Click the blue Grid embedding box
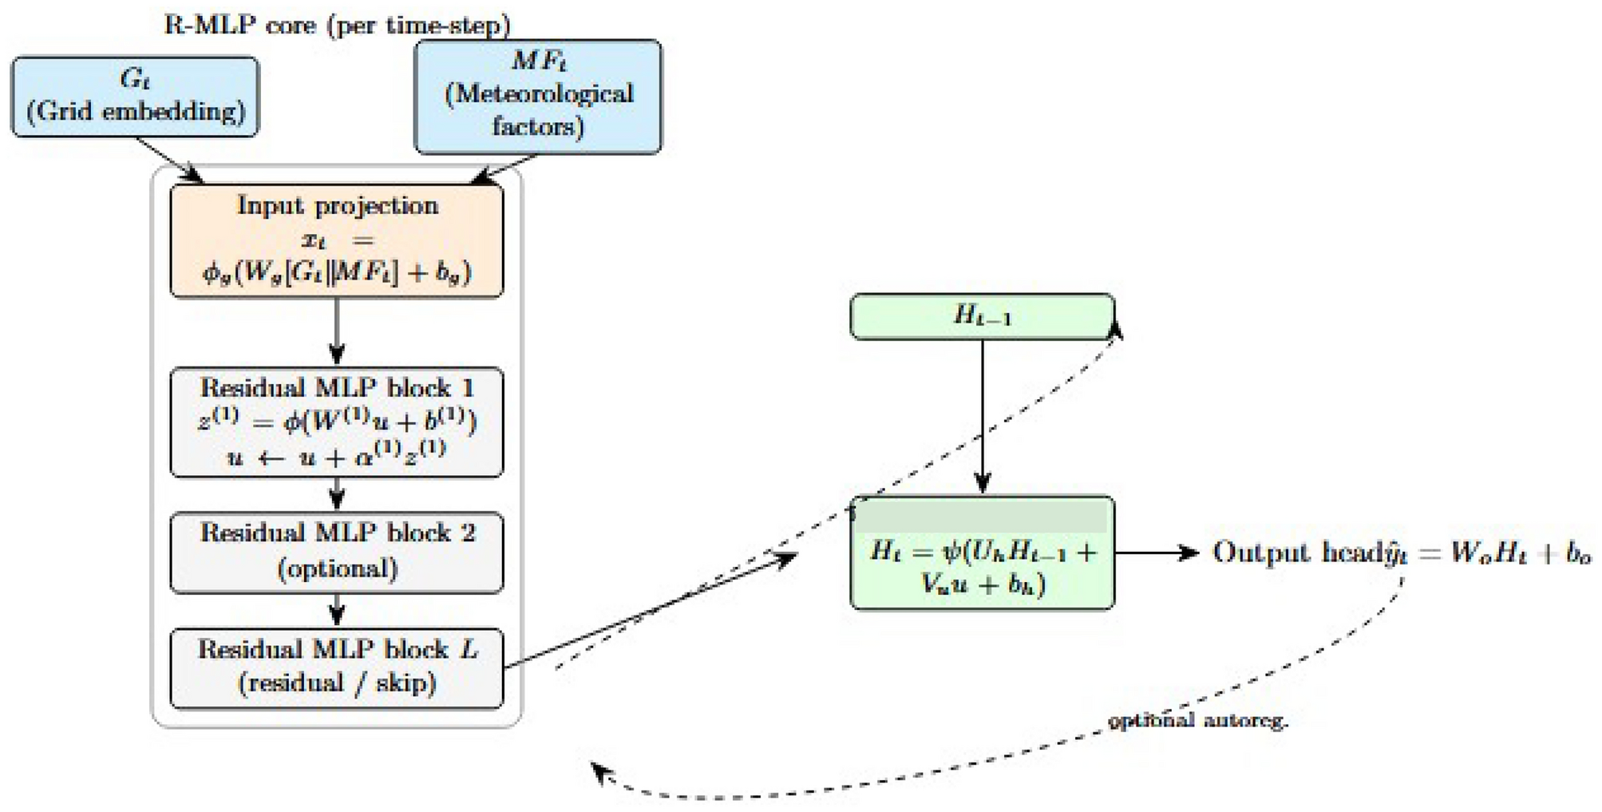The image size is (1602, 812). coord(134,97)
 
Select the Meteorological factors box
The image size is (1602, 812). coord(537,97)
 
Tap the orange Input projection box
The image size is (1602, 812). coord(336,240)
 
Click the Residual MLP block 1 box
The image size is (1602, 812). coord(336,422)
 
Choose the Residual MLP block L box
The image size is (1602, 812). coord(336,668)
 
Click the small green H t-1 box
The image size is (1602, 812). coord(981,317)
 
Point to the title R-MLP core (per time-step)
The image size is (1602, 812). coord(336,26)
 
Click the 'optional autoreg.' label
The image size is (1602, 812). coord(1197,721)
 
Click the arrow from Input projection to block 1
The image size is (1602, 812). coord(336,331)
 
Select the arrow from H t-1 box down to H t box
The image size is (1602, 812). coord(982,415)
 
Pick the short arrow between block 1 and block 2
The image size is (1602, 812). coord(336,494)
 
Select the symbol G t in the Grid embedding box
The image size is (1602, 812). coord(134,79)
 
